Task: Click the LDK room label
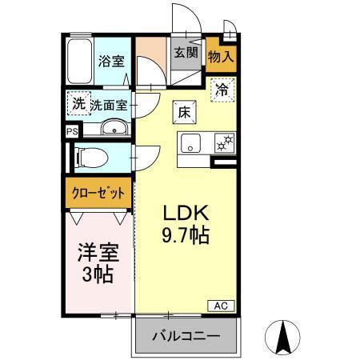186,214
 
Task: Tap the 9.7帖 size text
186,236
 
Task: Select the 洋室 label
98,254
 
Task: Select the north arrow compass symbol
282,336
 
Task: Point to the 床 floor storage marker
183,111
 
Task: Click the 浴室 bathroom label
111,61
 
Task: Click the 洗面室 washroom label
108,104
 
